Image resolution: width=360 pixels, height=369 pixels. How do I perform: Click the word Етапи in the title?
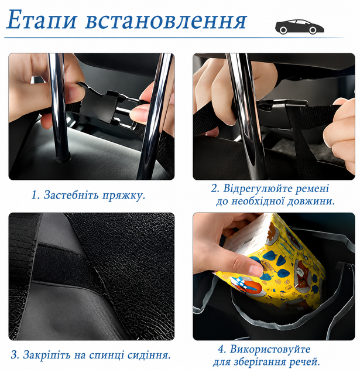click(x=42, y=20)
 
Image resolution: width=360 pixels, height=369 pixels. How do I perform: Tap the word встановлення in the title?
click(x=166, y=21)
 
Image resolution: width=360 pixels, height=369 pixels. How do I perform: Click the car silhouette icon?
click(x=299, y=26)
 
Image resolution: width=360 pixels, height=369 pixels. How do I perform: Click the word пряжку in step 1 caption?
click(x=124, y=196)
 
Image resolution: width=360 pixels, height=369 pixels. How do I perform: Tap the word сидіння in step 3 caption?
click(x=150, y=355)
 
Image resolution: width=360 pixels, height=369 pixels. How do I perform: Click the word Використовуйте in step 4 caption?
click(x=270, y=349)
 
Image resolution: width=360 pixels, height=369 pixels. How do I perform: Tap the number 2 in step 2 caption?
click(x=214, y=189)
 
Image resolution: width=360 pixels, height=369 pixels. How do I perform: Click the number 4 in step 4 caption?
click(x=221, y=350)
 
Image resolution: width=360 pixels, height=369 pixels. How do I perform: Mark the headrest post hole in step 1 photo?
click(x=62, y=158)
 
